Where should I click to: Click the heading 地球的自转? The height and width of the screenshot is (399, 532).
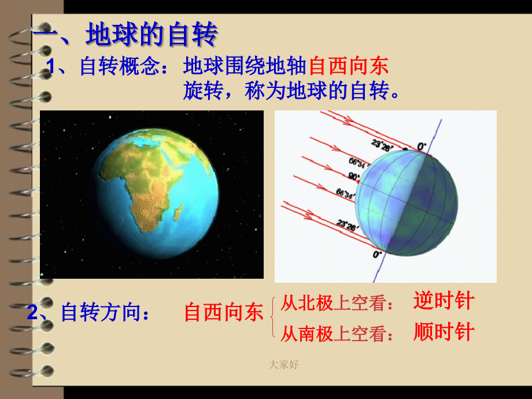point(152,34)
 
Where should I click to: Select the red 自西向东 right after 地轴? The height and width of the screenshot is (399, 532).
point(349,66)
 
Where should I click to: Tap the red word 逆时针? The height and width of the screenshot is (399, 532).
point(444,300)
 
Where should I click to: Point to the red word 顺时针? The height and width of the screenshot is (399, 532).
point(444,331)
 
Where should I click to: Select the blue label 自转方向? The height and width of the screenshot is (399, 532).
point(101,312)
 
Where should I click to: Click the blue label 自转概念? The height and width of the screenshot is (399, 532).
point(119,66)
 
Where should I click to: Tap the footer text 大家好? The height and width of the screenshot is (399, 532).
point(284,364)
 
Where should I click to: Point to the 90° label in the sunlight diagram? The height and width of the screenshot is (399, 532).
point(353,176)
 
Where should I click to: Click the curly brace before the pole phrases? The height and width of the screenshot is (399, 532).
point(272,317)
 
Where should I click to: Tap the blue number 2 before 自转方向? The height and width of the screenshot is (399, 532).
point(32,312)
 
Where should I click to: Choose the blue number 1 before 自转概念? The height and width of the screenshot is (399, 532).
point(50,66)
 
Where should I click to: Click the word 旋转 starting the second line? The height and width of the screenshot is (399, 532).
point(203,91)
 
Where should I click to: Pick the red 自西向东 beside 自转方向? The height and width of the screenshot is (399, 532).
point(224,312)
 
